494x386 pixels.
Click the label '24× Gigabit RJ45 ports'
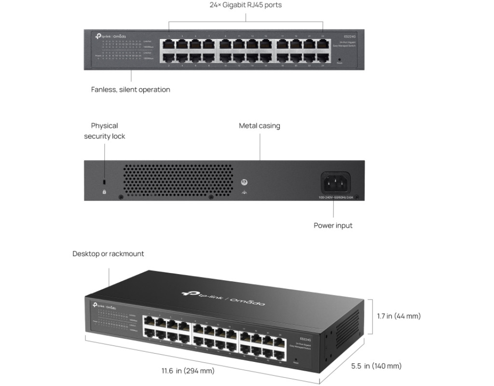246,5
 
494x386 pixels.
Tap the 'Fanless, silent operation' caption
130,90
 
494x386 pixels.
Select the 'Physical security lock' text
104,131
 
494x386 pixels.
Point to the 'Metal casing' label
260,126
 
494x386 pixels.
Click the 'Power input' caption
333,225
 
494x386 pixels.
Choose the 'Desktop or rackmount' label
108,254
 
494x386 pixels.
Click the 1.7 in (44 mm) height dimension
398,316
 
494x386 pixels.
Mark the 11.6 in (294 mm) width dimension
188,371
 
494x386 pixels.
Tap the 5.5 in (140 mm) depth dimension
376,366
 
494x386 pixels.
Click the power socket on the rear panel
336,183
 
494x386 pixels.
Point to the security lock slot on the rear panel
104,182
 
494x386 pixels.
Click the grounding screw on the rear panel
244,182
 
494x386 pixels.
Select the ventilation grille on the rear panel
177,180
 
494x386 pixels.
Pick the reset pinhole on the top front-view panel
339,59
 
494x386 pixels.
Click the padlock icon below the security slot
104,192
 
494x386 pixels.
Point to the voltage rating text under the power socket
336,197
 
